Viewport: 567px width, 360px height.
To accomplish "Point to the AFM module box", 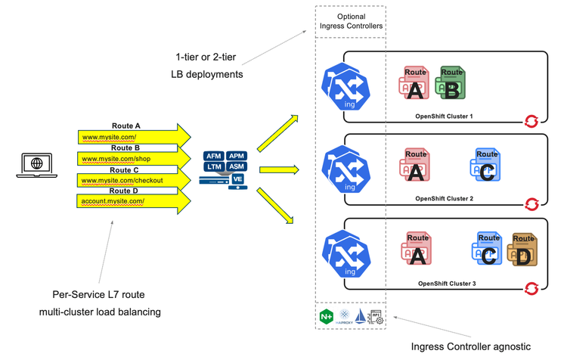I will (212, 156).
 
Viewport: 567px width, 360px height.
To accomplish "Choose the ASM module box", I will (237, 166).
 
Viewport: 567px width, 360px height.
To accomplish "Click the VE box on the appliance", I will (237, 179).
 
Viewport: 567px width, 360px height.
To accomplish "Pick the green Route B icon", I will (452, 84).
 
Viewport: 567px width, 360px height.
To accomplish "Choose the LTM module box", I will (212, 166).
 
